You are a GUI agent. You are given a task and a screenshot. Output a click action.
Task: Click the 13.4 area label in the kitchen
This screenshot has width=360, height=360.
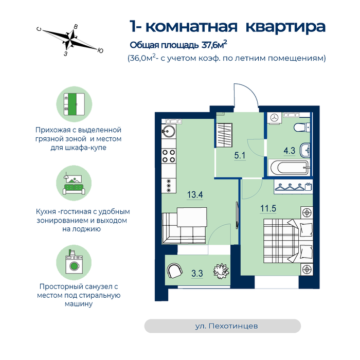195,195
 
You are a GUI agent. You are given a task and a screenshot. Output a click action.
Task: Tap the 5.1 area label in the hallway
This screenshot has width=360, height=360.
240,155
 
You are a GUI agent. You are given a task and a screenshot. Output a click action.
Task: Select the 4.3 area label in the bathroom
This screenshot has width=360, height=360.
289,151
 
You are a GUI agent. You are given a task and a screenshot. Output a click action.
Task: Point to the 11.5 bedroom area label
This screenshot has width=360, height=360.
268,208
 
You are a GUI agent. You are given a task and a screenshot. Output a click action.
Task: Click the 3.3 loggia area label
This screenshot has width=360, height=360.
197,274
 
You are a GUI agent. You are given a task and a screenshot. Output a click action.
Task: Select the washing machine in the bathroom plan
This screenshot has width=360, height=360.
274,118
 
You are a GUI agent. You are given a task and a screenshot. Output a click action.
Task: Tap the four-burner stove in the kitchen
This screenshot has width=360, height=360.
169,156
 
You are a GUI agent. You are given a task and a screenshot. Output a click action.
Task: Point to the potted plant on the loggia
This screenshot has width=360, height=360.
221,271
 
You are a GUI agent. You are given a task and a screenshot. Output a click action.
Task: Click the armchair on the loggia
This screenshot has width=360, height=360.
175,271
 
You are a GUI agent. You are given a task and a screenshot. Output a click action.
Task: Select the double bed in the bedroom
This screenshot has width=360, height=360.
288,241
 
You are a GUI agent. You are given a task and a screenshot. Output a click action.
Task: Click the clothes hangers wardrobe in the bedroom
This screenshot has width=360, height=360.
293,186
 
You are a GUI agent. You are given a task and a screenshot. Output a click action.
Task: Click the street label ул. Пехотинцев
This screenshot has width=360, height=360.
226,326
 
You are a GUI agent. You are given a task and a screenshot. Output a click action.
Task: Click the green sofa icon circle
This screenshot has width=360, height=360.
74,183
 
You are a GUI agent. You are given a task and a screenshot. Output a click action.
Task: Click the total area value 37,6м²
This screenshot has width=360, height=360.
214,44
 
